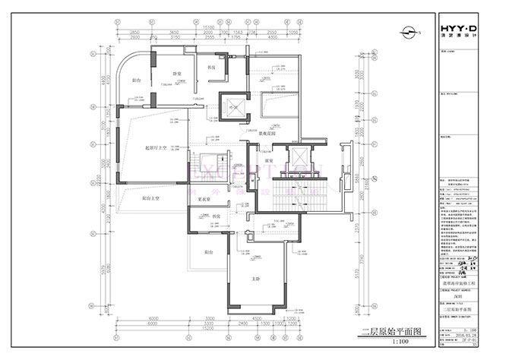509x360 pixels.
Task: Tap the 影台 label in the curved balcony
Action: tap(137, 79)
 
